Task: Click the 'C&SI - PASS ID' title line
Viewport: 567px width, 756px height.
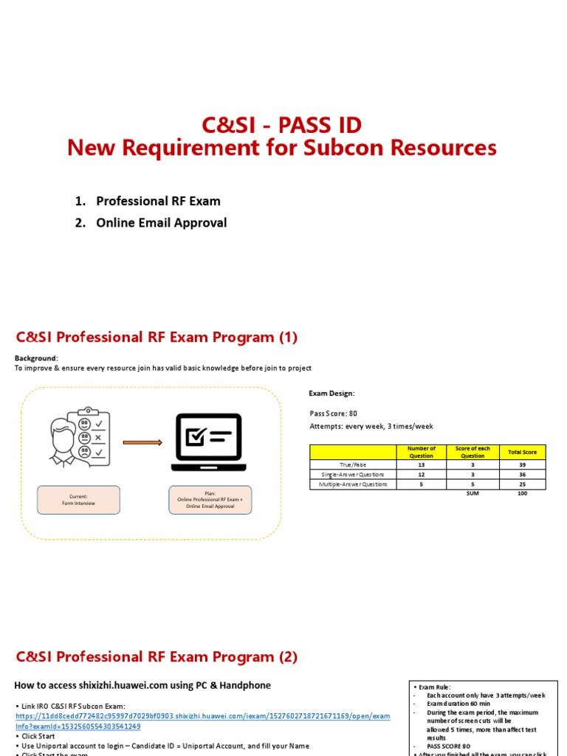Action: pyautogui.click(x=282, y=125)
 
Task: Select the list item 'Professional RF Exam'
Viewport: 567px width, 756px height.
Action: pyautogui.click(x=158, y=201)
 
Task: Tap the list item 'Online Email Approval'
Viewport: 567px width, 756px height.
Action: pyautogui.click(x=161, y=222)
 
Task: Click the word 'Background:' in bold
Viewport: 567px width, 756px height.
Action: pyautogui.click(x=36, y=358)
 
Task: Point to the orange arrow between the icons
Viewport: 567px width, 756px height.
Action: pyautogui.click(x=142, y=443)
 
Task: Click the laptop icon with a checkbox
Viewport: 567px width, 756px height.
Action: pyautogui.click(x=206, y=441)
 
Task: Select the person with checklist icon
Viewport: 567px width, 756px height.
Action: pyautogui.click(x=76, y=436)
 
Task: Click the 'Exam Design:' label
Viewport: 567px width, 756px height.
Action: pyautogui.click(x=331, y=394)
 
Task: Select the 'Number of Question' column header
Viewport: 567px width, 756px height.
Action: pyautogui.click(x=422, y=452)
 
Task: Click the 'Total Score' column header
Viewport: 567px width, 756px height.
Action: pyautogui.click(x=523, y=452)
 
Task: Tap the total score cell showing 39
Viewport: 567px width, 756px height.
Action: pyautogui.click(x=523, y=464)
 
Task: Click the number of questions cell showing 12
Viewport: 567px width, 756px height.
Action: pyautogui.click(x=422, y=475)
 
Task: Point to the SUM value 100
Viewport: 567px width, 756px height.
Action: pyautogui.click(x=523, y=493)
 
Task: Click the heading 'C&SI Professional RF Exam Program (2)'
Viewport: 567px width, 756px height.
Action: pyautogui.click(x=157, y=656)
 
